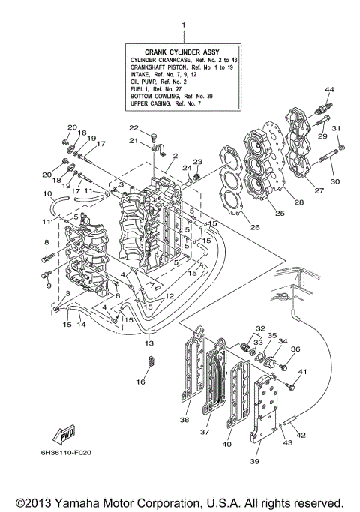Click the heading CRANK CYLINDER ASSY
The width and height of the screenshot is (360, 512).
coord(181,51)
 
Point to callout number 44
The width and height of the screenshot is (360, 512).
coord(328,89)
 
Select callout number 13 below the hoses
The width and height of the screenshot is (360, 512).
coord(151,343)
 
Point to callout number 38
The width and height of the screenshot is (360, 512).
coord(184,421)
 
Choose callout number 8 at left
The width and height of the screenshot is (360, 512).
coord(46,242)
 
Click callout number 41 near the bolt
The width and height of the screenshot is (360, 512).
coord(304,372)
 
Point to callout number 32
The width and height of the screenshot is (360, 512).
coord(259,328)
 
